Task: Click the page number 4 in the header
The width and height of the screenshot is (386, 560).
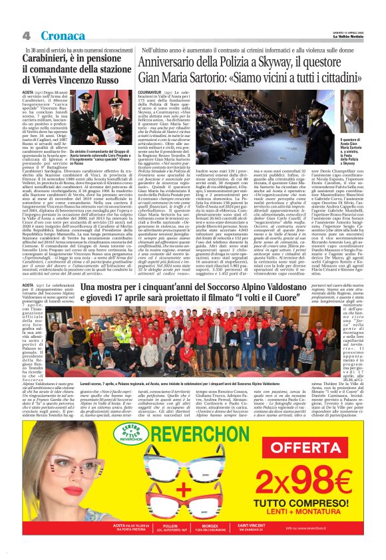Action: [26, 35]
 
